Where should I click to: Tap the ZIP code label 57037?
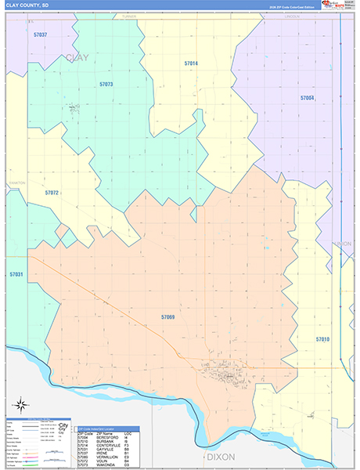[41, 35]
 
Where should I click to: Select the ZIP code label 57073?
[106, 85]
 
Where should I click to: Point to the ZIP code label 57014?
[191, 63]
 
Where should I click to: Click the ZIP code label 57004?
[307, 98]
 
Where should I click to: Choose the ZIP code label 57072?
[52, 192]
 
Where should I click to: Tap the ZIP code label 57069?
[167, 317]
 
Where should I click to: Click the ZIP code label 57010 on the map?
[322, 339]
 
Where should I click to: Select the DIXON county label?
[221, 456]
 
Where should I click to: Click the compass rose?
[23, 406]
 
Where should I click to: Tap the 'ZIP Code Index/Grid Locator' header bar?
[108, 428]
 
